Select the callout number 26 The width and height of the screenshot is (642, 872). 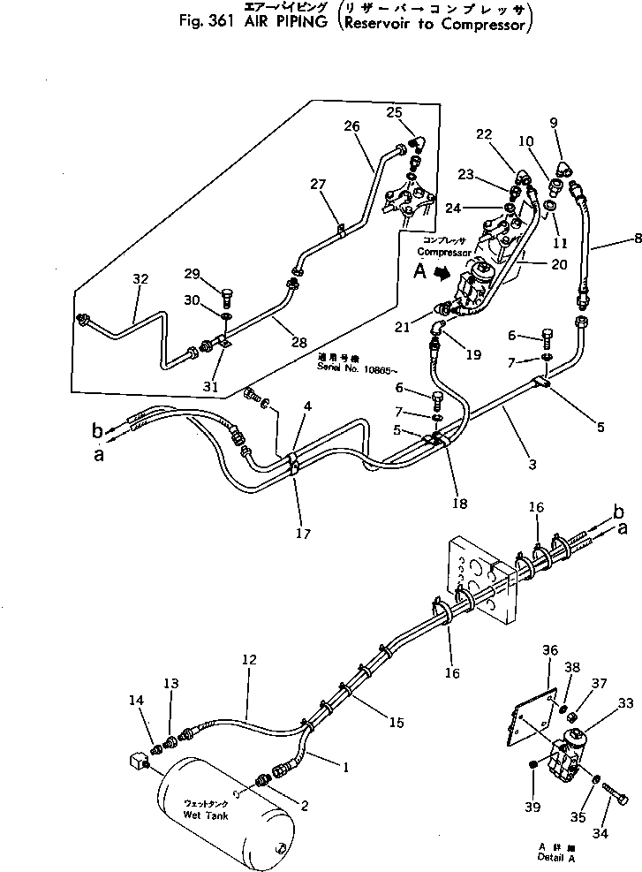pyautogui.click(x=351, y=126)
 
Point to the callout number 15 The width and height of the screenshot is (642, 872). pyautogui.click(x=396, y=722)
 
